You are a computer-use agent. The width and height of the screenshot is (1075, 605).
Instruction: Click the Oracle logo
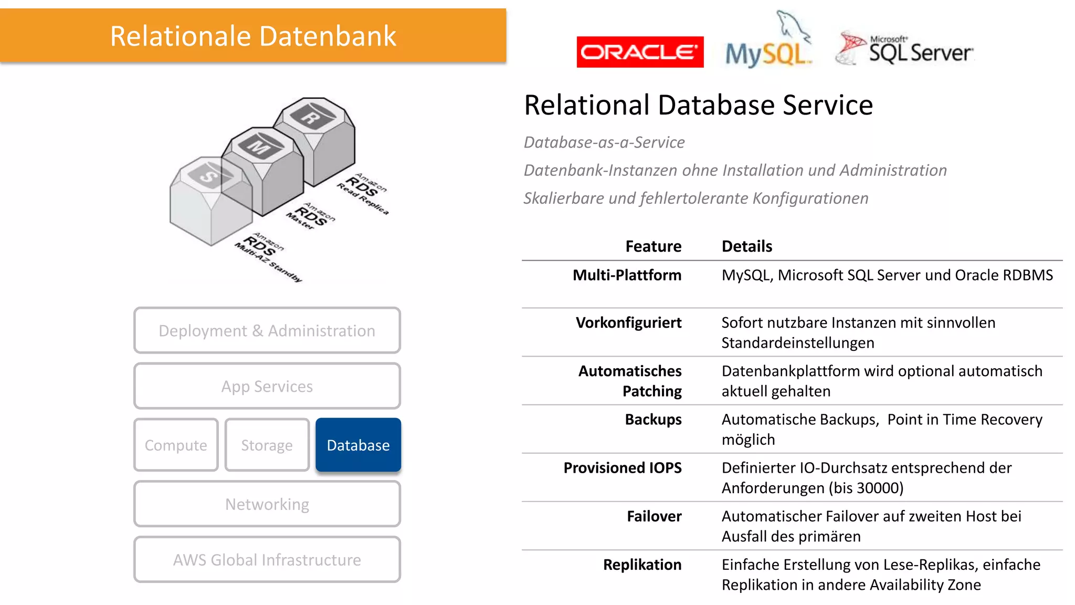(x=639, y=52)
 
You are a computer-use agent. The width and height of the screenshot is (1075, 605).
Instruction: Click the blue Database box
(x=358, y=445)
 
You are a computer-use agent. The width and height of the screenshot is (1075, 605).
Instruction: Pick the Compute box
(x=176, y=445)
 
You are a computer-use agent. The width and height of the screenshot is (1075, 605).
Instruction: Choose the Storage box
(x=267, y=445)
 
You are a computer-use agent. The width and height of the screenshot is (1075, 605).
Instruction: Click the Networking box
(x=267, y=504)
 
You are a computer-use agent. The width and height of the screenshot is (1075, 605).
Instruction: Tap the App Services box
(x=267, y=386)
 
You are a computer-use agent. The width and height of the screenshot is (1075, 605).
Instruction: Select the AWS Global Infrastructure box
(x=267, y=559)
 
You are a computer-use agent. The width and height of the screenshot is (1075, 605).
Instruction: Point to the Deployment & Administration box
(x=267, y=330)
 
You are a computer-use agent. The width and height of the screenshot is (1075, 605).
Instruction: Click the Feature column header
(x=653, y=246)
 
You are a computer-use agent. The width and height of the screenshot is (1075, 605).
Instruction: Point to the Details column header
(x=746, y=246)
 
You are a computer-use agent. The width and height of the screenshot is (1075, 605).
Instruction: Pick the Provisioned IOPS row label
(x=622, y=467)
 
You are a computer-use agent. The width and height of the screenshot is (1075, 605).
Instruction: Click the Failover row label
(x=654, y=516)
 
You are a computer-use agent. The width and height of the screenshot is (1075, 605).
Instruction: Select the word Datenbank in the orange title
(x=328, y=36)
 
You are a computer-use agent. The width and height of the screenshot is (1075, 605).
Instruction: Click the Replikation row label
(x=642, y=565)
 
